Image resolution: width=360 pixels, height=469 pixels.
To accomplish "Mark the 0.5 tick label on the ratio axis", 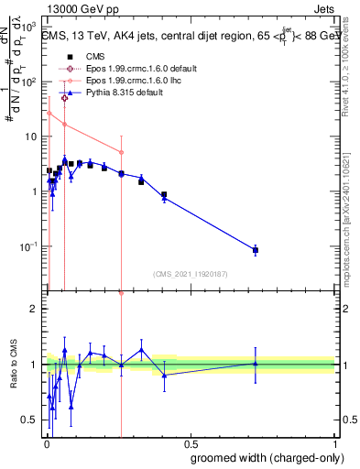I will pyautogui.click(x=29, y=420).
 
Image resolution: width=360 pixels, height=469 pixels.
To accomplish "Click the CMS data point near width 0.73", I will pyautogui.click(x=256, y=250).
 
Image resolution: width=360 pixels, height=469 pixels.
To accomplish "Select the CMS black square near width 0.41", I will pyautogui.click(x=164, y=194).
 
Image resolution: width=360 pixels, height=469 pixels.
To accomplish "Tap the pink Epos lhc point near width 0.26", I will pyautogui.click(x=121, y=152).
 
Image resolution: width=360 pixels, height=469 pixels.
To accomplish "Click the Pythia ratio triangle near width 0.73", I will pyautogui.click(x=256, y=364).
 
